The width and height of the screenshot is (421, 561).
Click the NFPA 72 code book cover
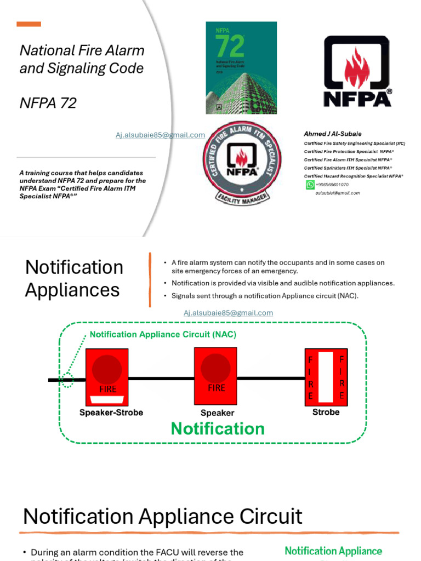pyautogui.click(x=241, y=67)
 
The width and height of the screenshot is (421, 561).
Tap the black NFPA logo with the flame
pyautogui.click(x=357, y=71)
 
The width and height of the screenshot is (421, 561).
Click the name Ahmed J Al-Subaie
pyautogui.click(x=333, y=134)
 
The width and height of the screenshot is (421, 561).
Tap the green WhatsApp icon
pyautogui.click(x=310, y=185)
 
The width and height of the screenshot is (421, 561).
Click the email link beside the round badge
pyautogui.click(x=160, y=135)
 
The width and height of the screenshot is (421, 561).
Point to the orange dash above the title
pyautogui.click(x=29, y=24)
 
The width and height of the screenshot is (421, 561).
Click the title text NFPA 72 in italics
pyautogui.click(x=48, y=102)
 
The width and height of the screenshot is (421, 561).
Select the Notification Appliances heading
pyautogui.click(x=74, y=278)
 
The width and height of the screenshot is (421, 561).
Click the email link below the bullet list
pyautogui.click(x=228, y=313)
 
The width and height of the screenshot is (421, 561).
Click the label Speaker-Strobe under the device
pyautogui.click(x=111, y=413)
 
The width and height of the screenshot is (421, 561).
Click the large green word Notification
pyautogui.click(x=218, y=428)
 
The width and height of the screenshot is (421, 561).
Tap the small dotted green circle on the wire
pyautogui.click(x=67, y=380)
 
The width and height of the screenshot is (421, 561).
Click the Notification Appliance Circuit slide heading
pyautogui.click(x=163, y=517)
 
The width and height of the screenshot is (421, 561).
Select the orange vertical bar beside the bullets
pyautogui.click(x=150, y=279)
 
